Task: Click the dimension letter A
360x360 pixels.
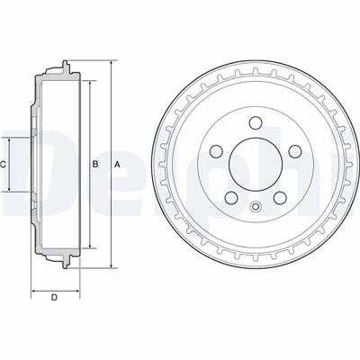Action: click(117, 164)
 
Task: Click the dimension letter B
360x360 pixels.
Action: click(95, 164)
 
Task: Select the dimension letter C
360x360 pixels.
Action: click(3, 164)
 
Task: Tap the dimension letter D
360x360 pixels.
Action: click(54, 298)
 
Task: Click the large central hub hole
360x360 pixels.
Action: click(256, 164)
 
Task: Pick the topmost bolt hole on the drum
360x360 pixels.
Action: click(256, 122)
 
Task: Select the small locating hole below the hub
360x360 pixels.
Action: click(256, 206)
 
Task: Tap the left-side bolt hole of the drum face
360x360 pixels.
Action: click(216, 151)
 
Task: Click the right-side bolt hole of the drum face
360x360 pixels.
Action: click(295, 151)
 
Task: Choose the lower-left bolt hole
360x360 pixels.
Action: click(231, 198)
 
